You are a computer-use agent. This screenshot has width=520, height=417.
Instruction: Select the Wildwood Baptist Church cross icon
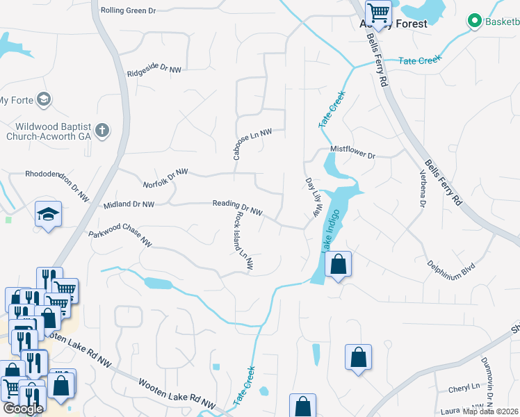[102, 130]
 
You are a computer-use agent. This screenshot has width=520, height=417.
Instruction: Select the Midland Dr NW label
[129, 204]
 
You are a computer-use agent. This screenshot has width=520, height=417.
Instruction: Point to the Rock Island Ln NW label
[243, 240]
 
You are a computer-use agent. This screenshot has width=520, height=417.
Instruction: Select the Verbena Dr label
[421, 189]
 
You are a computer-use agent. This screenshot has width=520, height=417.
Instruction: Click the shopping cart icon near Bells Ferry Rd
[379, 11]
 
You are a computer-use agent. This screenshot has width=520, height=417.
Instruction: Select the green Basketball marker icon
[475, 22]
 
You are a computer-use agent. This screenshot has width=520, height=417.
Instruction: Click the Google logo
[22, 408]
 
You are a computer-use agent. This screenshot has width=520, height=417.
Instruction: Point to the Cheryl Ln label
[464, 386]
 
